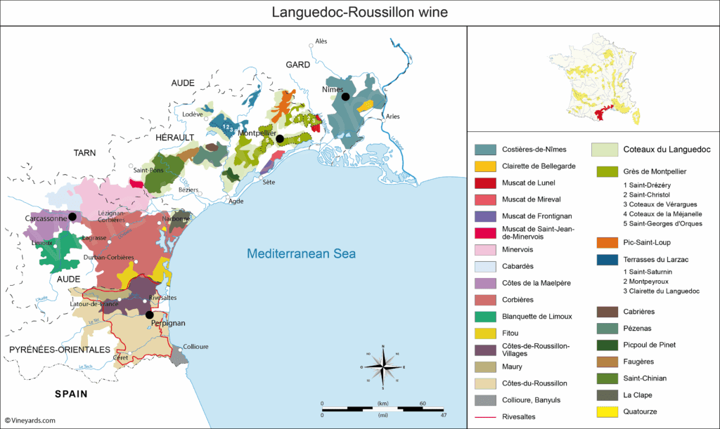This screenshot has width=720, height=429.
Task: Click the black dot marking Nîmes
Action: [x=345, y=98]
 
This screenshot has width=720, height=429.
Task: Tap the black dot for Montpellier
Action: [x=280, y=139]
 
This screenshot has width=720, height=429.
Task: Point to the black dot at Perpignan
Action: [x=149, y=315]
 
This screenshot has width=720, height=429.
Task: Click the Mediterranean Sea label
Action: [x=301, y=254]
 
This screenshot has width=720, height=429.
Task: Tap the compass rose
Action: [x=382, y=367]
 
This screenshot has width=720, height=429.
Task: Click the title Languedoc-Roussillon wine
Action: [x=360, y=13]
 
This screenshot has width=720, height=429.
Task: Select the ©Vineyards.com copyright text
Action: [x=30, y=421]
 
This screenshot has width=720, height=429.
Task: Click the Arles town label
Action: [x=392, y=116]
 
